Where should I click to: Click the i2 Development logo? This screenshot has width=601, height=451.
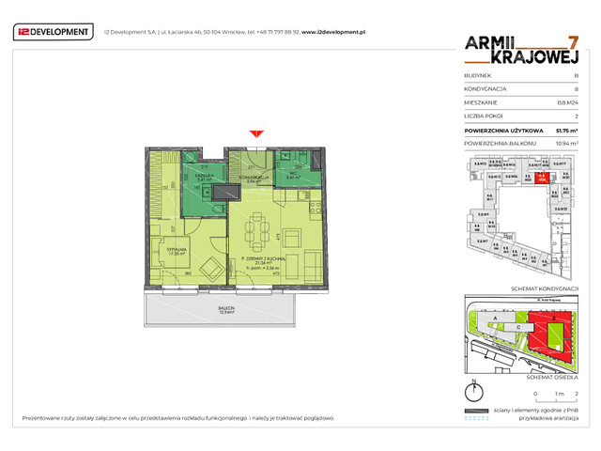54,32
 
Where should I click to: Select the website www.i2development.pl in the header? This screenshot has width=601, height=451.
332,32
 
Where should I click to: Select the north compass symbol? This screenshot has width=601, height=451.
475,392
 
